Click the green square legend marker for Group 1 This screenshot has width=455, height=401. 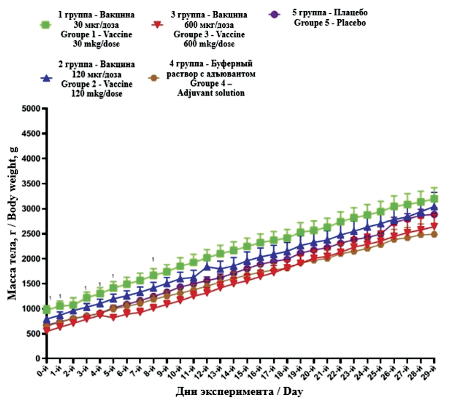46,25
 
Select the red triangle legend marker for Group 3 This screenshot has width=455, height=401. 157,25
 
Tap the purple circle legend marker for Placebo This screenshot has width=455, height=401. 274,14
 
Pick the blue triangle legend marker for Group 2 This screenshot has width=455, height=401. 46,78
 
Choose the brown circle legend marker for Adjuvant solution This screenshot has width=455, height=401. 154,78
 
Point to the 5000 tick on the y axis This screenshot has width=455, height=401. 31,108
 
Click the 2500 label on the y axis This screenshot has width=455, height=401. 31,234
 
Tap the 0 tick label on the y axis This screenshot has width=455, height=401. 38,359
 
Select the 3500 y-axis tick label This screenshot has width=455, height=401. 31,184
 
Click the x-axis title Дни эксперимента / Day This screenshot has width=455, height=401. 239,392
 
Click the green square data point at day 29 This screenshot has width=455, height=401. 434,199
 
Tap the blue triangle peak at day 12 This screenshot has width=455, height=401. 207,266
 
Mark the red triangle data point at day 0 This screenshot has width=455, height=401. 47,330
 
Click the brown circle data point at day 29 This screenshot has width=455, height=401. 434,234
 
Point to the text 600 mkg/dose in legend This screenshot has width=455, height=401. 209,44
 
